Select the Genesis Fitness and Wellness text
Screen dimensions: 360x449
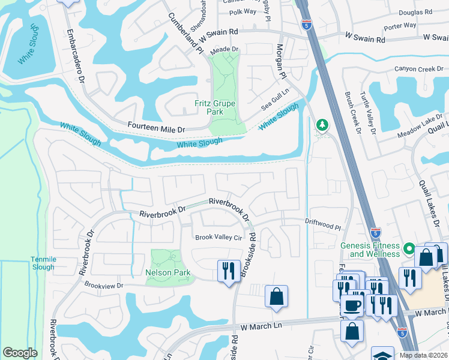[x=369, y=250]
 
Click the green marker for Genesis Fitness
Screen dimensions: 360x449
[x=409, y=248]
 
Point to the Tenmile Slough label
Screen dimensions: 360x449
[x=42, y=263]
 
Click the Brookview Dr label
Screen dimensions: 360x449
[x=103, y=286]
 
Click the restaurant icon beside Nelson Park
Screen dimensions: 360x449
[x=228, y=271]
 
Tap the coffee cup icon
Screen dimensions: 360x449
[x=353, y=304]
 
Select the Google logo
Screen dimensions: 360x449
[x=20, y=353]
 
